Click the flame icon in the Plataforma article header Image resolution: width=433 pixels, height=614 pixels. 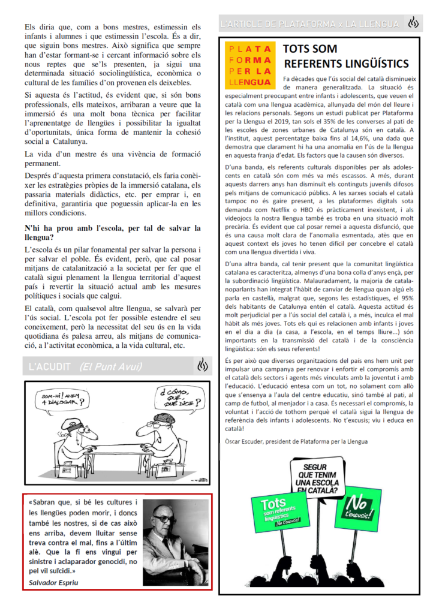tap(412, 24)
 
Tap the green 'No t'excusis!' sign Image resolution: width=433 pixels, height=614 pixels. tap(358, 507)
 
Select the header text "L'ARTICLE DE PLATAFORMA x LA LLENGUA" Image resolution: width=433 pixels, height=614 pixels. tap(309, 24)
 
